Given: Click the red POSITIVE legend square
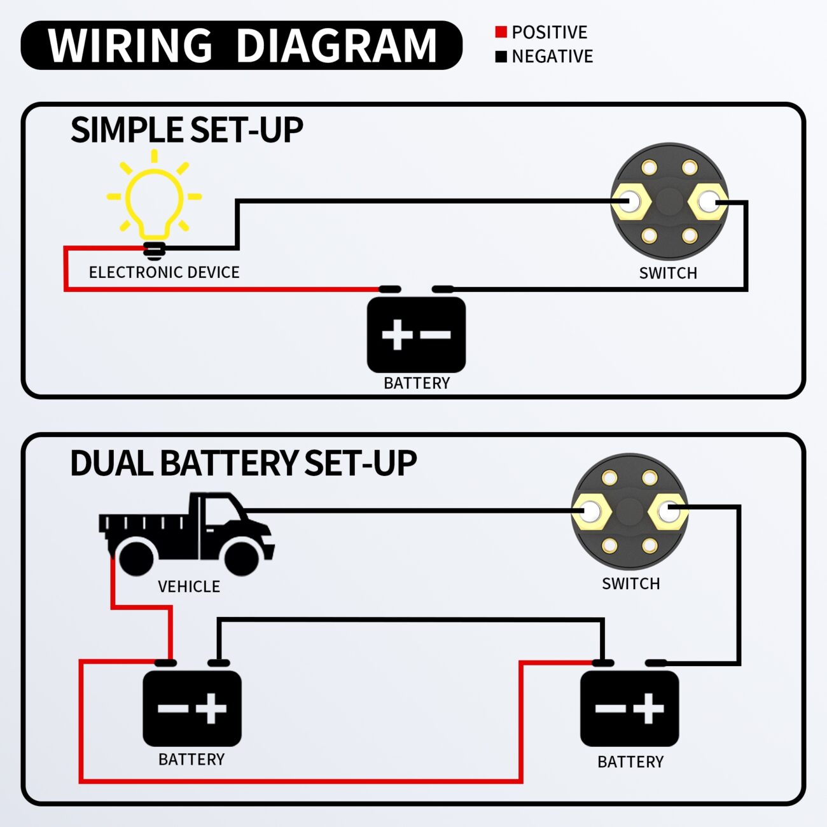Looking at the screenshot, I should [501, 32].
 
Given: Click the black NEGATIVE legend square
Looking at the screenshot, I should [501, 57].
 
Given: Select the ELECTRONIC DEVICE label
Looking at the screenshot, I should [164, 272].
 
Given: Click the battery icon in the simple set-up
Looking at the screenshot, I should [416, 335].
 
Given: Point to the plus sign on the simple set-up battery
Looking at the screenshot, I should [396, 335].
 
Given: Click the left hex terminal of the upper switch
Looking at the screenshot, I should [630, 202].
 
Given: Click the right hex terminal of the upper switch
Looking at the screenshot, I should [707, 202].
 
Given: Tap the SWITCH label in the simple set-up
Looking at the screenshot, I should [668, 273].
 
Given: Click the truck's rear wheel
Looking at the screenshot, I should [136, 558].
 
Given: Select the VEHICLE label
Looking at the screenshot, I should [189, 587].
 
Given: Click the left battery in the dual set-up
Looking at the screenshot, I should [191, 708].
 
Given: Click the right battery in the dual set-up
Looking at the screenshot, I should [629, 708].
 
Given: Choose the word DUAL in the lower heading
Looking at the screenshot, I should [111, 463].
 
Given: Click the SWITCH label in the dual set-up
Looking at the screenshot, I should [630, 583].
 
